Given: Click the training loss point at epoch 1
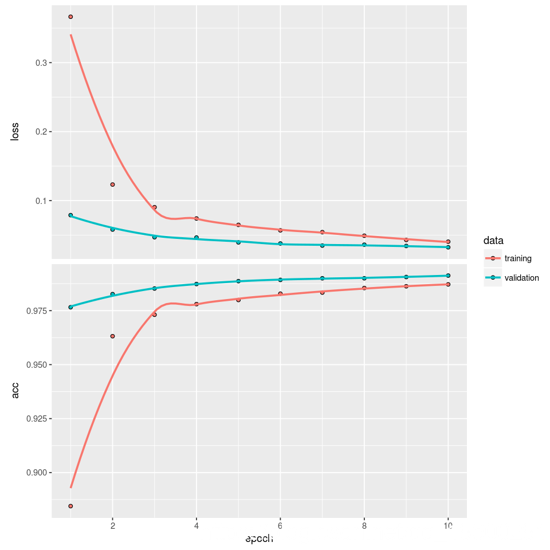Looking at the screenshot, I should tap(70, 17).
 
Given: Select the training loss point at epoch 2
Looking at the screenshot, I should tap(112, 184).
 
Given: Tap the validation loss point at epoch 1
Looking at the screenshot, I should tap(70, 215).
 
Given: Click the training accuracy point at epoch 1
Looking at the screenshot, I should tap(70, 506).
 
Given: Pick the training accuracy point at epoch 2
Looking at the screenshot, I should tap(112, 336).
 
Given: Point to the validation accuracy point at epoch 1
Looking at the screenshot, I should tap(70, 307).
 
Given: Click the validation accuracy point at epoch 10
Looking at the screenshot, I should tap(448, 276).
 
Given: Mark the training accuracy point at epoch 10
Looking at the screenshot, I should tap(448, 284).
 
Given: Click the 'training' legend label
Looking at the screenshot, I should tap(518, 258).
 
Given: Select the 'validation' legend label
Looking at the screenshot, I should tap(521, 278).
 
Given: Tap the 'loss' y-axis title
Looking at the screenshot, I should tap(15, 132).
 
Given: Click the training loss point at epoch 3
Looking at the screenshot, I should tap(154, 207).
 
